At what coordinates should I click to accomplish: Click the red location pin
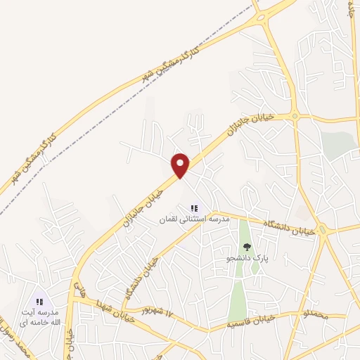tap(181, 165)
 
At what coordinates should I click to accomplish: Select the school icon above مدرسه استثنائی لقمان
tap(195, 209)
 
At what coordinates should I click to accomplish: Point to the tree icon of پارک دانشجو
tap(246, 247)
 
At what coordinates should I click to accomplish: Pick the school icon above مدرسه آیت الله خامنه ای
tap(40, 302)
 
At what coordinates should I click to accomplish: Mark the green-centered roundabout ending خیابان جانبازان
tap(295, 116)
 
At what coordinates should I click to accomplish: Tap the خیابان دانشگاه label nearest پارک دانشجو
tap(285, 227)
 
